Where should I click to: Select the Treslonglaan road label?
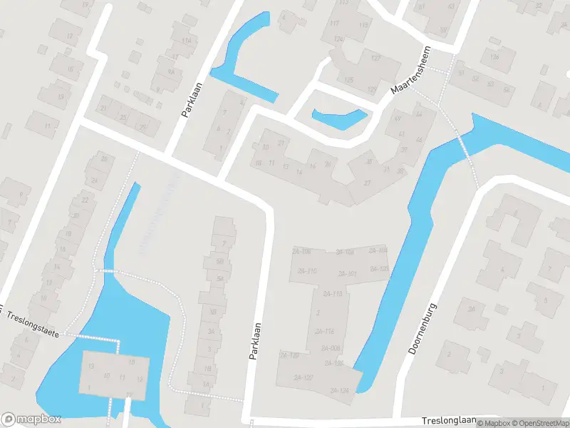(x=446, y=421)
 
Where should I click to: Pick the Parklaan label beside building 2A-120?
(x=254, y=340)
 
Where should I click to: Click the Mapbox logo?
(x=31, y=419)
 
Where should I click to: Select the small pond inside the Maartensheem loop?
(x=338, y=118)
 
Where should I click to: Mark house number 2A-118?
(x=332, y=294)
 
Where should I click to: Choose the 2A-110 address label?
(x=307, y=272)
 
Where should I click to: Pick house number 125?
(x=348, y=79)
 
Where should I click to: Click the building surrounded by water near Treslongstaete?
(x=114, y=373)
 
